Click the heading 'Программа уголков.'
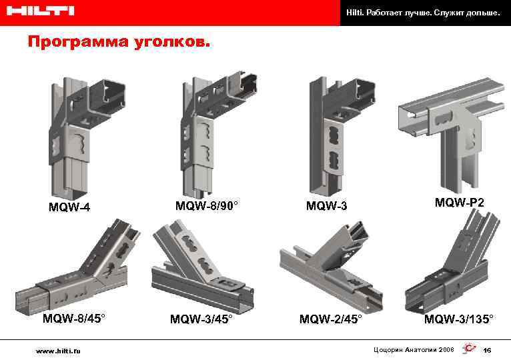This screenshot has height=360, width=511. tap(118, 43)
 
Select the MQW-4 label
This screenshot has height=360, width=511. tap(69, 207)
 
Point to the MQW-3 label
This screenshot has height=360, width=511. tap(326, 206)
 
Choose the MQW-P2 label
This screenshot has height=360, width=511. tap(460, 202)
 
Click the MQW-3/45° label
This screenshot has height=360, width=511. tap(201, 319)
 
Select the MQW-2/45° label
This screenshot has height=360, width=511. tap(330, 319)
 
